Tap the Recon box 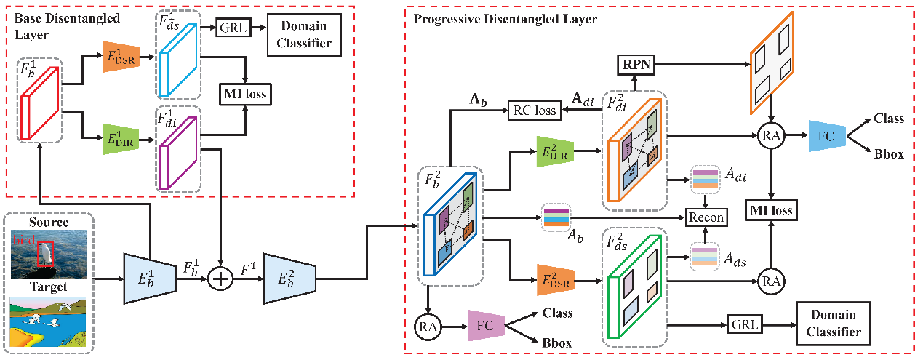pos(706,217)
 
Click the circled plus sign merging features pos(218,279)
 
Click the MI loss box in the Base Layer pos(244,93)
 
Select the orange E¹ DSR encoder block pos(121,57)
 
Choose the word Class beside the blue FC pos(888,119)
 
